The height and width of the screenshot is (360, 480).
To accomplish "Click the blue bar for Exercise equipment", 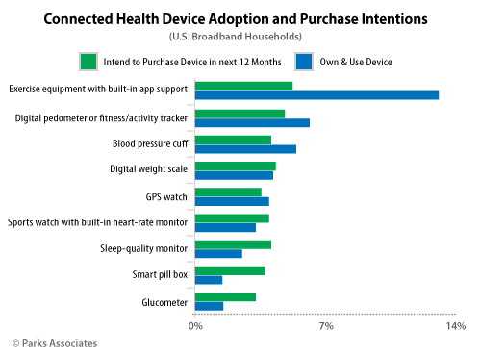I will pos(316,94).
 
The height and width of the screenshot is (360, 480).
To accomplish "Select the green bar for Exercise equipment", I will pos(243,86).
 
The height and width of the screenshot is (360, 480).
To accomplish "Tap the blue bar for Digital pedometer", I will pos(252,122).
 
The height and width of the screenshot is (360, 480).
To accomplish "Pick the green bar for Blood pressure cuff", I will pos(233,140).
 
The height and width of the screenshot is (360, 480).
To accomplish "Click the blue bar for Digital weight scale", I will pos(234,175).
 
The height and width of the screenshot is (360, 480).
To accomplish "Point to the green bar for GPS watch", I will pos(228,193).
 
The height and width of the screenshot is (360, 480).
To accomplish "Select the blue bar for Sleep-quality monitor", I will pos(218,253).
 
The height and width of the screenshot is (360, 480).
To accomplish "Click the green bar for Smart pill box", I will pos(230,270).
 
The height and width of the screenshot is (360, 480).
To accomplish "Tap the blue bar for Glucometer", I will pos(209,306).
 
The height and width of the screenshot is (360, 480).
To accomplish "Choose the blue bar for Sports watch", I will pos(225,227).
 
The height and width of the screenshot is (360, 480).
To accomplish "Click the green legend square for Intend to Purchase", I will pos(88,62).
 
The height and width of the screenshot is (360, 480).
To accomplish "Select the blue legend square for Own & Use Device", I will pos(303,62).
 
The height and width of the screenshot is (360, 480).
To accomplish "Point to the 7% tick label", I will pos(326,328).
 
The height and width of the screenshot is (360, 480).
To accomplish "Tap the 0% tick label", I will pos(195,328).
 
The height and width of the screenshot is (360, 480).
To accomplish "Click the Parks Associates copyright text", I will pos(55,343).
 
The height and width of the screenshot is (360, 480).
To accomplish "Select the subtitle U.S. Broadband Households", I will pos(240,38).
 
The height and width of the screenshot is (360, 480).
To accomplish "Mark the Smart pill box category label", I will pos(160,275).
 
